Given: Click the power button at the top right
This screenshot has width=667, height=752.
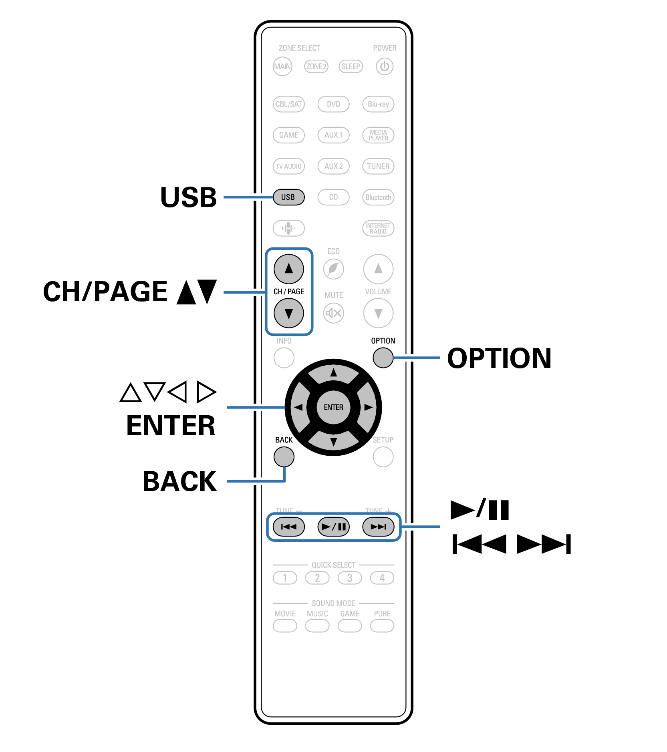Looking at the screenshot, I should (x=384, y=66).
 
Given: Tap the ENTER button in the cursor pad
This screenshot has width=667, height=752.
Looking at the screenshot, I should (x=333, y=407).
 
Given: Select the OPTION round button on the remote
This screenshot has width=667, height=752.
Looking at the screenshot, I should (x=383, y=358).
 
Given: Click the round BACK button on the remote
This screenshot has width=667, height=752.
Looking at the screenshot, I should (x=284, y=457).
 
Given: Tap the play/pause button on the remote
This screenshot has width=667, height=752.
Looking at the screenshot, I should (x=333, y=527).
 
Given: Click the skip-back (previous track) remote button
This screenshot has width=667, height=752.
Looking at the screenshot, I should (x=288, y=527).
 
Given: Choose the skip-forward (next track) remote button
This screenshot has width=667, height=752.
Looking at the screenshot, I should (x=378, y=527).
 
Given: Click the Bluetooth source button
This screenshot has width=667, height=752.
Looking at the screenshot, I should (x=378, y=197).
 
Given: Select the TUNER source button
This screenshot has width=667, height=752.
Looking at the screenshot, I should (x=378, y=166).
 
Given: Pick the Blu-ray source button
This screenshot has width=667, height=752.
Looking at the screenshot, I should (x=378, y=104).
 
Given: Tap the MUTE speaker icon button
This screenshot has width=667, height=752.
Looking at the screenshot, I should (x=333, y=313).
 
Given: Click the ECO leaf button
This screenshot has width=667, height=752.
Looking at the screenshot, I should (x=333, y=269).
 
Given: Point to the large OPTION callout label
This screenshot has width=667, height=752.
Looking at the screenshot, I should (x=499, y=358).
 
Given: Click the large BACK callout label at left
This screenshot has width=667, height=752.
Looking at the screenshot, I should (x=179, y=481).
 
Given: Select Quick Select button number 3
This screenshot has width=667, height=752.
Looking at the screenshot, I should (x=349, y=578).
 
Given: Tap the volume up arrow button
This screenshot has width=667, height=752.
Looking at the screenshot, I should (x=378, y=269).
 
